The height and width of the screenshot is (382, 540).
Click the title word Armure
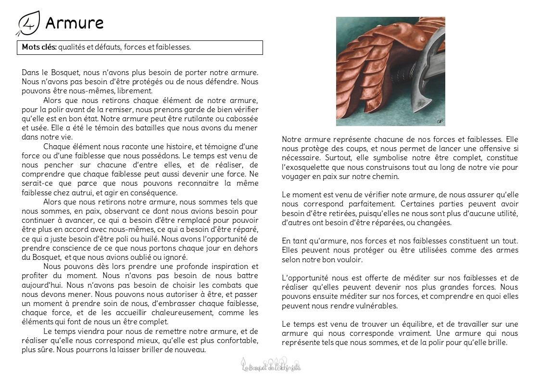point(74,23)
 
